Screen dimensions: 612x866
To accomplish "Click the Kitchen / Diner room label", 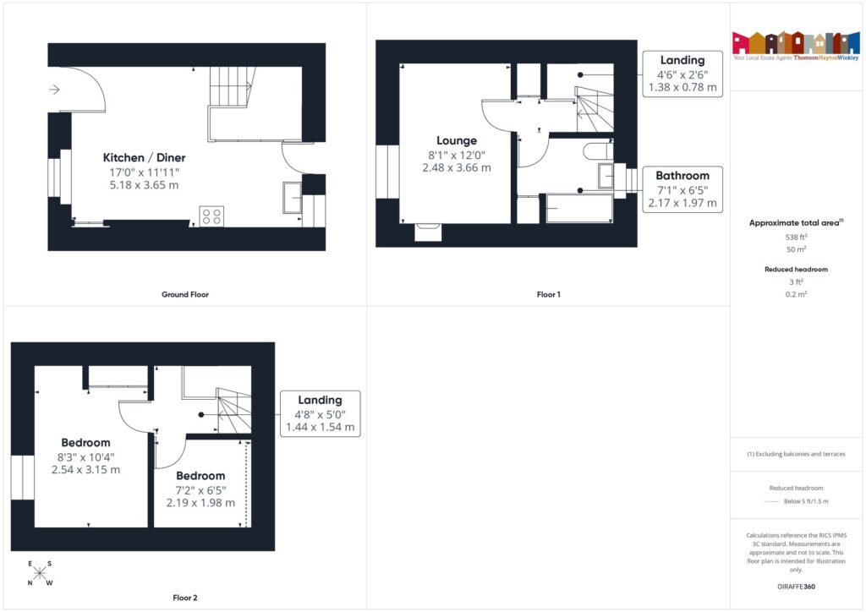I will click(144, 158).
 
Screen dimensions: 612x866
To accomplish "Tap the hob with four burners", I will click(211, 216).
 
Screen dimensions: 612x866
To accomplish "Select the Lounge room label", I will click(457, 140).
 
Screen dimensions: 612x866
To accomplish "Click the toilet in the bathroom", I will click(599, 150).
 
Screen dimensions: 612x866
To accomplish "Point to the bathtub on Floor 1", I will click(579, 208).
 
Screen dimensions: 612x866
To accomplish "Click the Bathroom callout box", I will click(682, 189).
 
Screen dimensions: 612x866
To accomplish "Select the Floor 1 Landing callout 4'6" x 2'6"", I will click(682, 74).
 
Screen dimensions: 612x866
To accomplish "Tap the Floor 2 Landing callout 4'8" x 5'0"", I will click(320, 413).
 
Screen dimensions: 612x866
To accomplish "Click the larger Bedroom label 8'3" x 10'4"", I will click(85, 443).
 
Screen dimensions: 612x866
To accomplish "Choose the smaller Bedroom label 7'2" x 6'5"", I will click(200, 476).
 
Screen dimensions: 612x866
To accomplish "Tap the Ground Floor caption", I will click(184, 295).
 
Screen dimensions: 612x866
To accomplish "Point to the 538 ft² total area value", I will click(797, 238).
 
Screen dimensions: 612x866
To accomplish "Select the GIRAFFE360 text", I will click(797, 587).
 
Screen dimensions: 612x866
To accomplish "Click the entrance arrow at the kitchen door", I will click(56, 89).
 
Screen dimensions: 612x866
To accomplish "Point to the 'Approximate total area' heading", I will click(796, 223).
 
